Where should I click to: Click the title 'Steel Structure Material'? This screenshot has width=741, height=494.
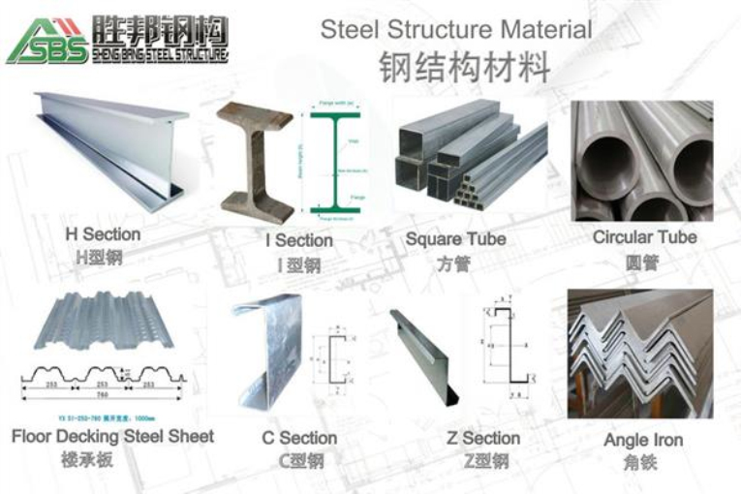(455, 29)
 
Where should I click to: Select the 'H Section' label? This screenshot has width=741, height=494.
(103, 234)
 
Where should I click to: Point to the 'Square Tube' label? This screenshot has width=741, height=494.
(455, 239)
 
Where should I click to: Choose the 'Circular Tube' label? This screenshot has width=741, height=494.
(644, 236)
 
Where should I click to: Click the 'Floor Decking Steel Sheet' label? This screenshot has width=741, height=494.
(112, 437)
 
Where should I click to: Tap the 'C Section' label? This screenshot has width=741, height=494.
(299, 438)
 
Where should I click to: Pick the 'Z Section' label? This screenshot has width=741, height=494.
(483, 438)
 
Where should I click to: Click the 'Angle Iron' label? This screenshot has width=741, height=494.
(642, 440)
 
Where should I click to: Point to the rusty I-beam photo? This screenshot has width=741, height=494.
(255, 160)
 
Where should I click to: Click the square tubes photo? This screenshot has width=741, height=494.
(470, 160)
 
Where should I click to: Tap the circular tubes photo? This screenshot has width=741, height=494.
(641, 161)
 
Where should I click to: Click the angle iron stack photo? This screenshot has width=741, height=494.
(640, 354)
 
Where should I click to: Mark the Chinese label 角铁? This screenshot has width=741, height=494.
(641, 463)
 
